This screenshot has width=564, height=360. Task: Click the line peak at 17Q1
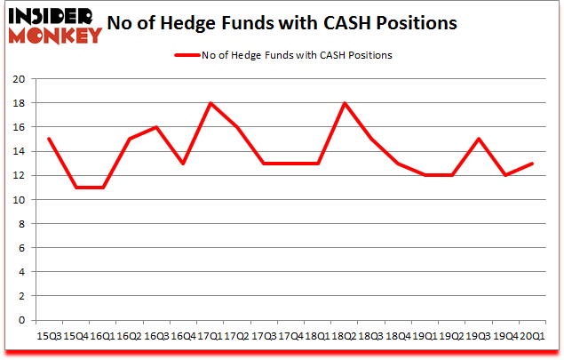pyautogui.click(x=209, y=103)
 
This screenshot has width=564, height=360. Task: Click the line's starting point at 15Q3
pyautogui.click(x=48, y=139)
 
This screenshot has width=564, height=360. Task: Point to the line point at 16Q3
pyautogui.click(x=155, y=127)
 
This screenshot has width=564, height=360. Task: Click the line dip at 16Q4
pyautogui.click(x=182, y=163)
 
